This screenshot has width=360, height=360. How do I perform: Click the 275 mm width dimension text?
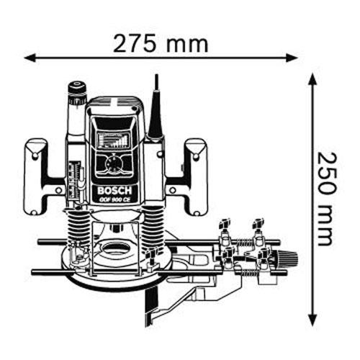click(x=161, y=44)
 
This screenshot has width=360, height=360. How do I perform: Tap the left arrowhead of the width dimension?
click(x=30, y=58)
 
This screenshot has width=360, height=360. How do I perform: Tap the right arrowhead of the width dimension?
click(x=292, y=58)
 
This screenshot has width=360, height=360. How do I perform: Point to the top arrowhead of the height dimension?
click(x=312, y=80)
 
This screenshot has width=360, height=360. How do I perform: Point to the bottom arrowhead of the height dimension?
click(x=312, y=320)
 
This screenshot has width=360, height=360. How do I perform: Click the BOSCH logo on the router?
click(x=114, y=191)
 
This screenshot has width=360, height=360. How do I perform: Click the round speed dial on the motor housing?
click(x=114, y=164)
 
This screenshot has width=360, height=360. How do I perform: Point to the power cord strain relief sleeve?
click(x=156, y=113)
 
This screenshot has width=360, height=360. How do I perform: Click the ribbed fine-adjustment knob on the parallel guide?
click(x=288, y=258)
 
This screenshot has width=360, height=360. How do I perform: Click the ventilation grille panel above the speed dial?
click(x=113, y=140)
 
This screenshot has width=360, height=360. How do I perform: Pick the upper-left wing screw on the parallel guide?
click(x=225, y=225)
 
